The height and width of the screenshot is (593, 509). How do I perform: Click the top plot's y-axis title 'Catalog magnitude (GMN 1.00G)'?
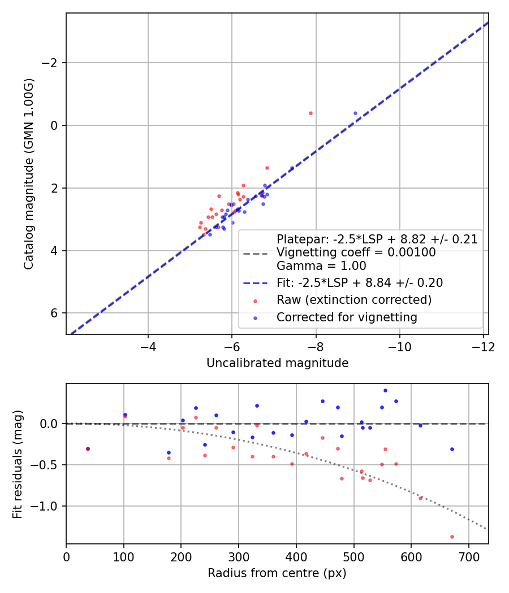[29, 173]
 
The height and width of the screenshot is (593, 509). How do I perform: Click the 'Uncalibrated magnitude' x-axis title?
[277, 363]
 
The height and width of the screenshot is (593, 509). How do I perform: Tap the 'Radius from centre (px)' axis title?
[277, 573]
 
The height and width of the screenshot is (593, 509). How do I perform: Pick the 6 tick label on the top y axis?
[54, 313]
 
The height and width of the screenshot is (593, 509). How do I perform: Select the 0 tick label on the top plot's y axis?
[54, 125]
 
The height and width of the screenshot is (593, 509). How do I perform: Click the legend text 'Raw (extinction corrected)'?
[353, 300]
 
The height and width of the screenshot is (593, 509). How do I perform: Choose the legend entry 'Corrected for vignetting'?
[347, 317]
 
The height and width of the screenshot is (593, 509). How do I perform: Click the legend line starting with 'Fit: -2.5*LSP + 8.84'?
[359, 282]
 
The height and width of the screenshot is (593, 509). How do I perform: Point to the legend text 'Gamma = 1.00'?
[321, 266]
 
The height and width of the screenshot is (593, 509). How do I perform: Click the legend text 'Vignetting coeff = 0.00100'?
[356, 252]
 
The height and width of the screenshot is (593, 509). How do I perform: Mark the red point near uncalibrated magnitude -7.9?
[310, 113]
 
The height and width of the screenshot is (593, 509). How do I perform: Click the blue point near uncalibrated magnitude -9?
[355, 113]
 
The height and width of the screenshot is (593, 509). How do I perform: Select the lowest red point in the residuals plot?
[452, 537]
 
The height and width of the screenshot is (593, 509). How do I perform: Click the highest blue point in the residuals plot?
[385, 390]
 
